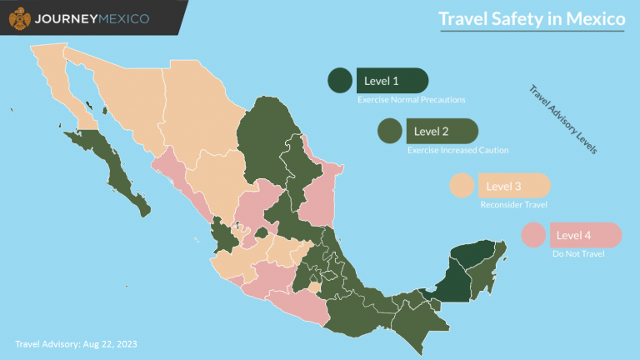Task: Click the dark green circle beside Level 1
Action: pos(340,81)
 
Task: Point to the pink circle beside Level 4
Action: pos(533,236)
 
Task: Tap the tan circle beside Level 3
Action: pos(462,186)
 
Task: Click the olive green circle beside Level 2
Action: pos(390,131)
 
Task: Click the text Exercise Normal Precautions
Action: pos(411,100)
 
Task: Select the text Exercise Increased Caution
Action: pos(457,150)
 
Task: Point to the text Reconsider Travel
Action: pos(514,205)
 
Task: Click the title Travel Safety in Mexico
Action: pos(532,19)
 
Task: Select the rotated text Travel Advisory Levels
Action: pos(564,120)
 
